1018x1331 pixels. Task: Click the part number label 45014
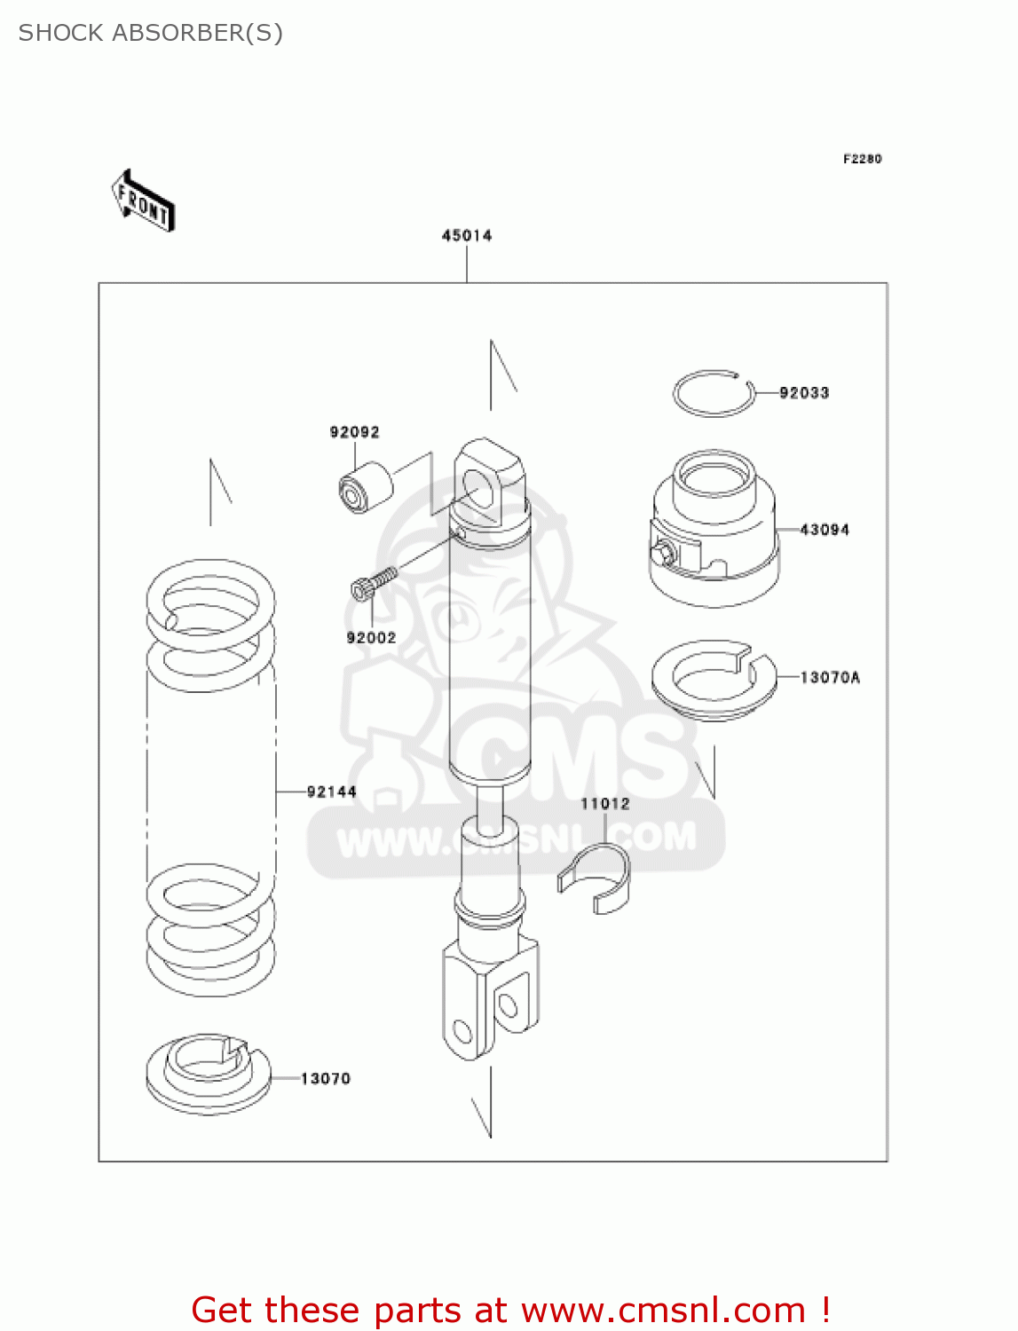467,235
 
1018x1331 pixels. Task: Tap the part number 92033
803,392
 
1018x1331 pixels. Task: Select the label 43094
824,530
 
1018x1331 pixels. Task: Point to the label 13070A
829,677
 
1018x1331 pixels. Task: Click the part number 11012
604,804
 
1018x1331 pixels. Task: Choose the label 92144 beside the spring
331,792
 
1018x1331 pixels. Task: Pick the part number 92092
354,432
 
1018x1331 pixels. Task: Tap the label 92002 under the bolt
371,638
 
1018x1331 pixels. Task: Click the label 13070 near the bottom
325,1078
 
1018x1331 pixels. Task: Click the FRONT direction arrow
143,201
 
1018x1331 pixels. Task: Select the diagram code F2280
862,159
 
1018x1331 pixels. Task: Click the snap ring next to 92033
713,393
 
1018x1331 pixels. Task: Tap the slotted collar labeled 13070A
713,679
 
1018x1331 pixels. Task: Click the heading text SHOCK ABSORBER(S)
151,33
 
